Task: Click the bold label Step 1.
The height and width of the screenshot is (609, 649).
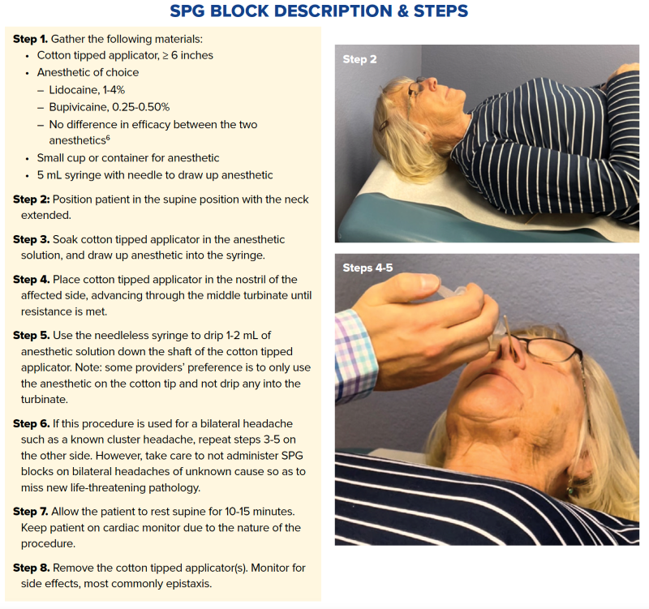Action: coord(30,39)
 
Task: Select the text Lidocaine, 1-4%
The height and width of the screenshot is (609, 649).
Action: coord(91,90)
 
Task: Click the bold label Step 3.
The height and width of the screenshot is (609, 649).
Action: coord(31,240)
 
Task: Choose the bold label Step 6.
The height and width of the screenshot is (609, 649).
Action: coord(31,424)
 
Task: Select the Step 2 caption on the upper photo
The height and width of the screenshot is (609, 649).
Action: coord(359,59)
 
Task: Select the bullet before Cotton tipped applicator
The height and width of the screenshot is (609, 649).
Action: coord(29,56)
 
